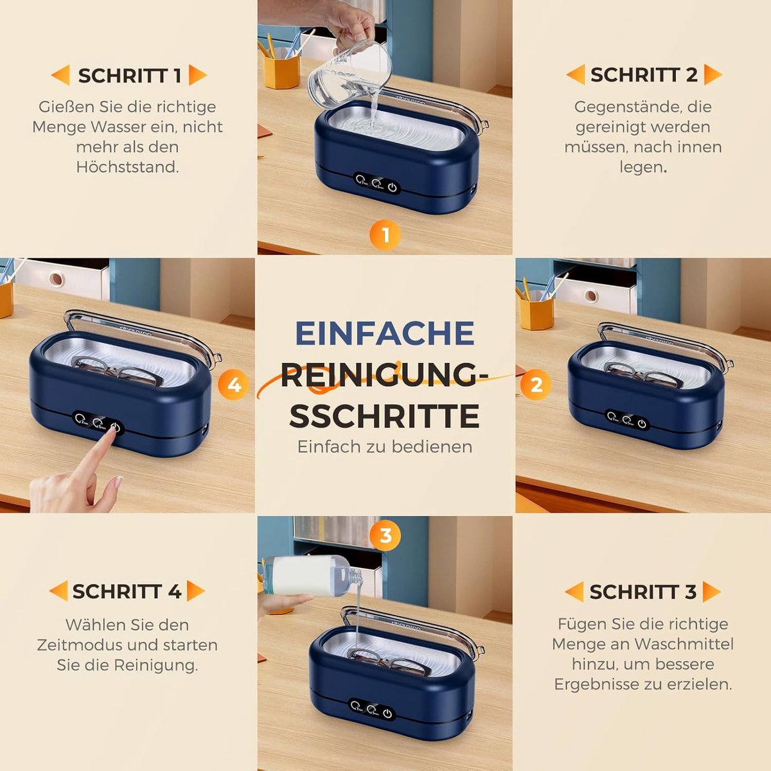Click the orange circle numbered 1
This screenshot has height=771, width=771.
(385, 235)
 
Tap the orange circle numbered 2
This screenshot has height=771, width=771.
(536, 385)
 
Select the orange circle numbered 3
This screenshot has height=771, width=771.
(385, 536)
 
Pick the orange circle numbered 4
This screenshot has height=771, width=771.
(235, 385)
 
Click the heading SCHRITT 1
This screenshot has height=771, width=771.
(130, 76)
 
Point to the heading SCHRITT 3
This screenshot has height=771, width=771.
(643, 592)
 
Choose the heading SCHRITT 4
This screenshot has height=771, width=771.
(127, 591)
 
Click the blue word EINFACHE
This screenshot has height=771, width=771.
(385, 333)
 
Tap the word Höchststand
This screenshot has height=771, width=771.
(127, 167)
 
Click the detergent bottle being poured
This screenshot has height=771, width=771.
(312, 576)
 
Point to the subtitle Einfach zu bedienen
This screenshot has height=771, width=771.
(385, 447)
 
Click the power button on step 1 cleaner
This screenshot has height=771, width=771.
(393, 187)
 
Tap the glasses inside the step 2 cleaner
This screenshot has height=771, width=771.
(641, 375)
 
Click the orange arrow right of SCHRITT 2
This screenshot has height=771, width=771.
(713, 75)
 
